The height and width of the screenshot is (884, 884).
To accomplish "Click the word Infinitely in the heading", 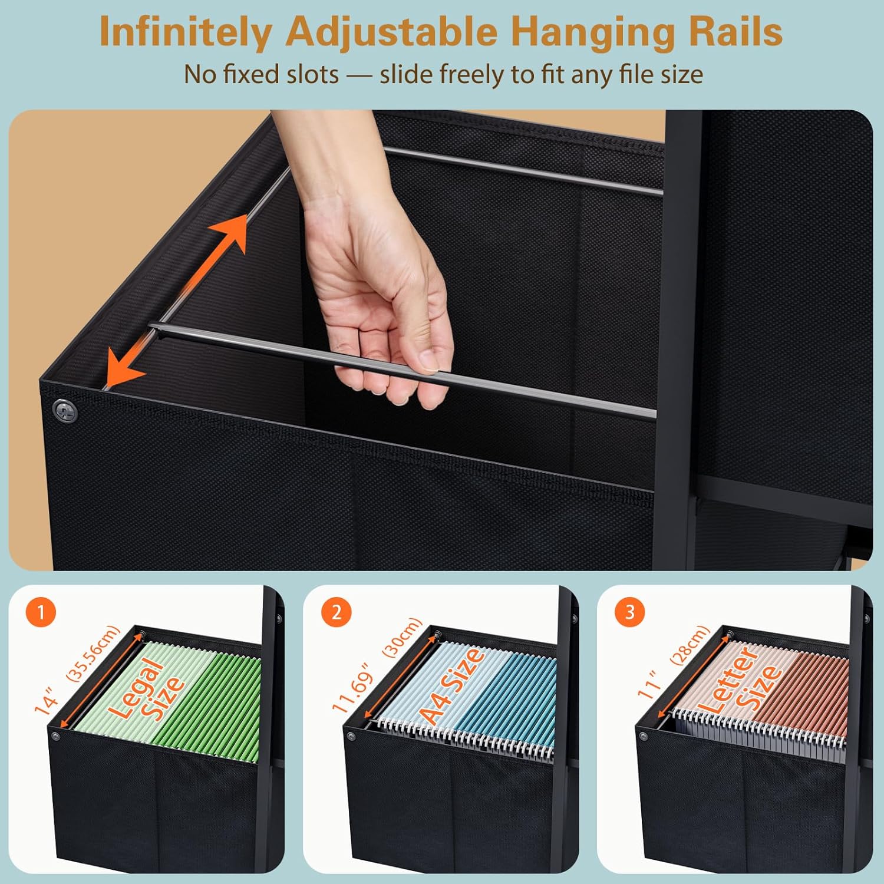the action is pyautogui.click(x=184, y=31).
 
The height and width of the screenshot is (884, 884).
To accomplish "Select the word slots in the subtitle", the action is pyautogui.click(x=312, y=75).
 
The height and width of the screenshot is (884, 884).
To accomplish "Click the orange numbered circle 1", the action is pyautogui.click(x=41, y=612).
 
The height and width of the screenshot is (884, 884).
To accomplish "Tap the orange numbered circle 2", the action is pyautogui.click(x=336, y=612).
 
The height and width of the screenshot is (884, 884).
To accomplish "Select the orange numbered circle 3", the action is pyautogui.click(x=630, y=612).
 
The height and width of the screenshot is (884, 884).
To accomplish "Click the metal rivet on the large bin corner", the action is pyautogui.click(x=65, y=411).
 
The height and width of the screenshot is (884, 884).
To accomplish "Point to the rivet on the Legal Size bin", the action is pyautogui.click(x=56, y=736).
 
